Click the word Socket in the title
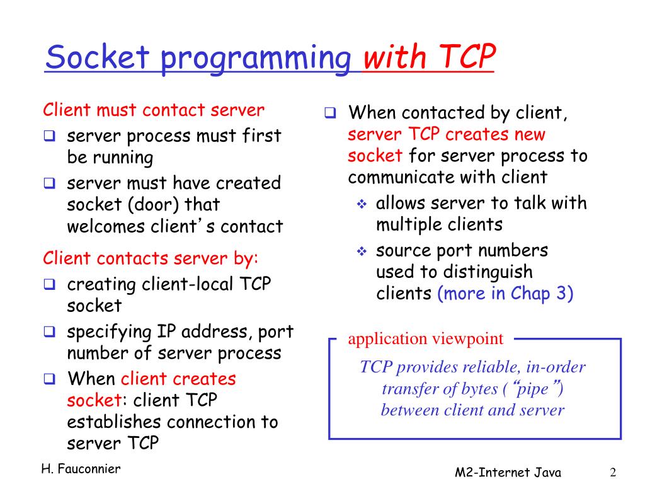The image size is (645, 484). click(98, 58)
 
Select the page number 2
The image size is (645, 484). click(612, 472)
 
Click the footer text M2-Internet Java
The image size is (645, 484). click(508, 473)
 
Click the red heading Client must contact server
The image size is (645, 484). click(154, 110)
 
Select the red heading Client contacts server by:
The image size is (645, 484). click(151, 258)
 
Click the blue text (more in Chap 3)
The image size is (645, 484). click(505, 294)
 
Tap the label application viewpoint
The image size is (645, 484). click(426, 339)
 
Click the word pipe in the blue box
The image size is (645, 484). click(535, 388)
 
